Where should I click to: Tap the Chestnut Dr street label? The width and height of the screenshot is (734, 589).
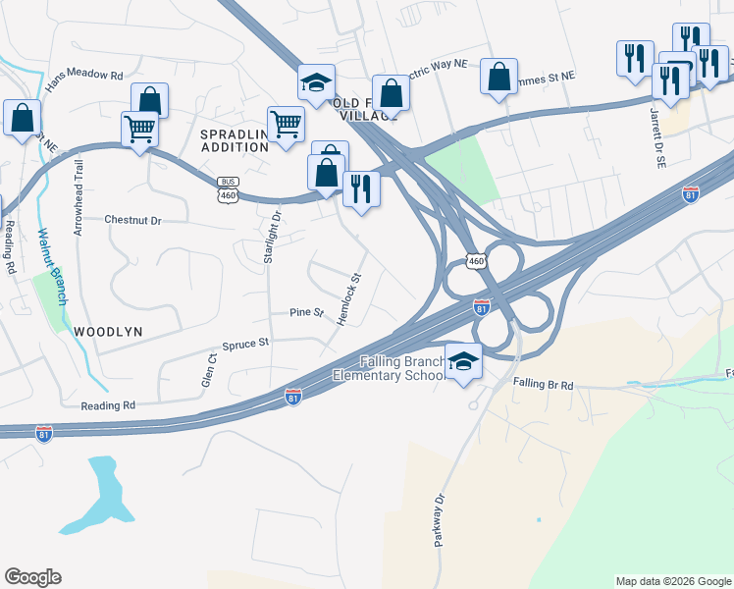click(x=132, y=220)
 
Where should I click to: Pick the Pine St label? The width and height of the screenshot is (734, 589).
click(x=306, y=312)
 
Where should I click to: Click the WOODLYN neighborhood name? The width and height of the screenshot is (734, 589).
click(x=108, y=332)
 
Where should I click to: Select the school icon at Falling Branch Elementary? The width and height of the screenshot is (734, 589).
click(x=463, y=361)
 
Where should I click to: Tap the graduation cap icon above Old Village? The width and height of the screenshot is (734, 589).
click(x=317, y=83)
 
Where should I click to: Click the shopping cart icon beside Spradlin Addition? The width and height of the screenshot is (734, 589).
click(x=286, y=125)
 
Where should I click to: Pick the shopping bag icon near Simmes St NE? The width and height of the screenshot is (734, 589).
click(x=498, y=76)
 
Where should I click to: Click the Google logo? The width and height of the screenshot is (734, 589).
click(x=32, y=577)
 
